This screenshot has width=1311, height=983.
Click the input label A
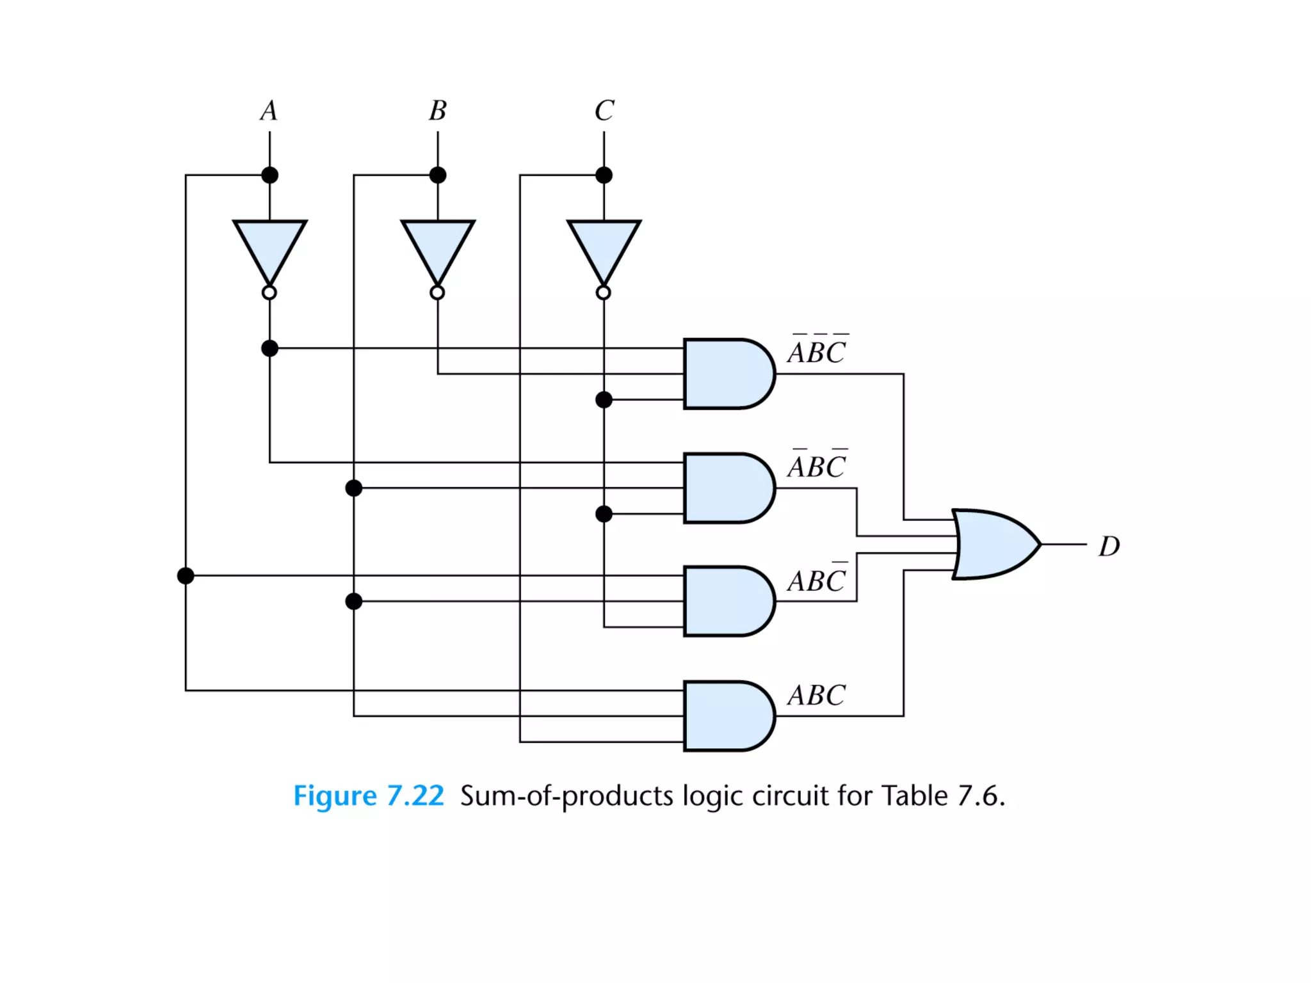(269, 111)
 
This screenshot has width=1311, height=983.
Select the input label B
(438, 111)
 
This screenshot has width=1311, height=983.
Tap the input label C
(604, 111)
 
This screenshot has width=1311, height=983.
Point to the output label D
(1109, 547)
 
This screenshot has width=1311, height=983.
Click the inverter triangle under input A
(269, 246)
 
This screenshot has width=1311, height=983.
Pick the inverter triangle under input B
(438, 246)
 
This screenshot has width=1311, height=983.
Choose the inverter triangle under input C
(604, 246)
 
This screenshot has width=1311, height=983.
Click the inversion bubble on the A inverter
(269, 292)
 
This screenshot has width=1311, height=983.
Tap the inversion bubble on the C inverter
(604, 292)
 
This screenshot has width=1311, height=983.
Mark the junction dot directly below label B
(438, 175)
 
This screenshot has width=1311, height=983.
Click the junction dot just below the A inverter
(269, 348)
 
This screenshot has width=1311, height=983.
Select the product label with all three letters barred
(817, 351)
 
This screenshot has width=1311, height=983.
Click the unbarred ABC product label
(817, 695)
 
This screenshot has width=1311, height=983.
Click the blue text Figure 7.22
(368, 795)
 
